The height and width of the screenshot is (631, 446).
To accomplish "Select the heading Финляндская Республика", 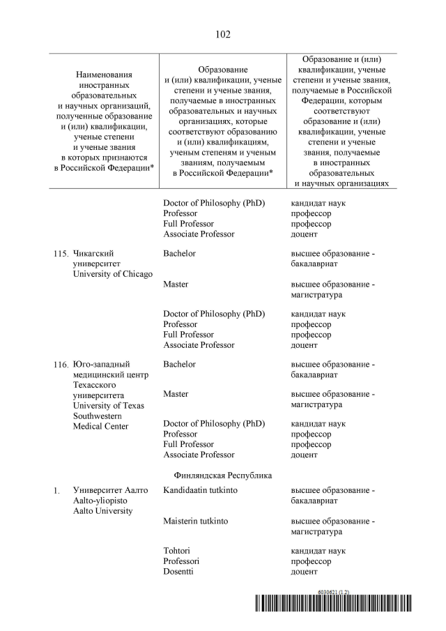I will click(x=223, y=475).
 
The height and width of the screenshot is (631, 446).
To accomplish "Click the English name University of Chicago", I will click(x=112, y=274).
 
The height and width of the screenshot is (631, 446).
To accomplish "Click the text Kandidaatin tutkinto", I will click(x=200, y=491).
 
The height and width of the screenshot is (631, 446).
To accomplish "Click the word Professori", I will click(x=181, y=561).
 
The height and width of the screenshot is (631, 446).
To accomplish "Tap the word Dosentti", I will click(x=178, y=572).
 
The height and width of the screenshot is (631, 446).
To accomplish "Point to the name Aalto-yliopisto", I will click(x=102, y=501).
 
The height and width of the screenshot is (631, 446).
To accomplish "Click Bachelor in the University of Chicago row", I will click(x=179, y=253).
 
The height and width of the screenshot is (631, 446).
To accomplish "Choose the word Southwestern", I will click(x=98, y=416).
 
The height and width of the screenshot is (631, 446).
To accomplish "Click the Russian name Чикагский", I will click(x=93, y=253).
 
